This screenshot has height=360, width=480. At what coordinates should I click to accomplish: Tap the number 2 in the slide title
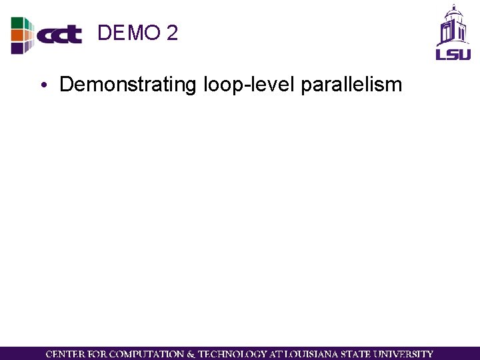click(172, 33)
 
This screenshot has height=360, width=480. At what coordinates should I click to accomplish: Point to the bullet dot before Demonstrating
click(42, 86)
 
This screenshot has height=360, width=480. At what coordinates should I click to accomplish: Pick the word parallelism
click(351, 85)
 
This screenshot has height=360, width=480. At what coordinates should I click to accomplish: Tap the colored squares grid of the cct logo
click(21, 35)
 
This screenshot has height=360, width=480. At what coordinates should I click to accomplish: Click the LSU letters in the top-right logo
click(453, 53)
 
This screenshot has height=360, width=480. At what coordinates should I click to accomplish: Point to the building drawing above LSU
click(453, 29)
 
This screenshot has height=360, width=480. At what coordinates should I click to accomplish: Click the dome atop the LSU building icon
click(453, 11)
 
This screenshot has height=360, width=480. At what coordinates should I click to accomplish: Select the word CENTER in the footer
click(65, 354)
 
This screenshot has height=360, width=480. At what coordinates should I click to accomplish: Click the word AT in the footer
click(274, 354)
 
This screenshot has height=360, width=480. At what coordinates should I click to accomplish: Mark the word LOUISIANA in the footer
click(308, 354)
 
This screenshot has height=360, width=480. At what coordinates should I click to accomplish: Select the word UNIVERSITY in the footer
click(403, 354)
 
